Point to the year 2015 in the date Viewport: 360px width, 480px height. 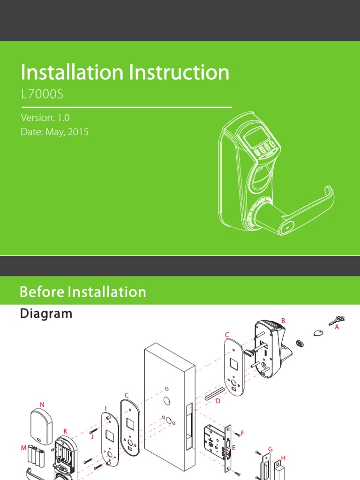[78, 132]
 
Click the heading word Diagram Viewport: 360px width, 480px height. [46, 314]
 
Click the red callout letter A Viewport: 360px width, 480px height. [337, 328]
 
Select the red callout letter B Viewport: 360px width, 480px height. [283, 320]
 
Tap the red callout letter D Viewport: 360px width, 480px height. [217, 401]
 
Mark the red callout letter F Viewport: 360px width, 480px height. [242, 432]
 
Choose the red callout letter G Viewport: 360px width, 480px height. [270, 449]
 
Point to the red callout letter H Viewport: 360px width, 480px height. [283, 457]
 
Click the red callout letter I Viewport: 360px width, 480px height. [106, 408]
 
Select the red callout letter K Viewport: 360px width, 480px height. [65, 430]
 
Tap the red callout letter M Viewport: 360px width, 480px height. [23, 448]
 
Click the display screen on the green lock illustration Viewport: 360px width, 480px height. [255, 137]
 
